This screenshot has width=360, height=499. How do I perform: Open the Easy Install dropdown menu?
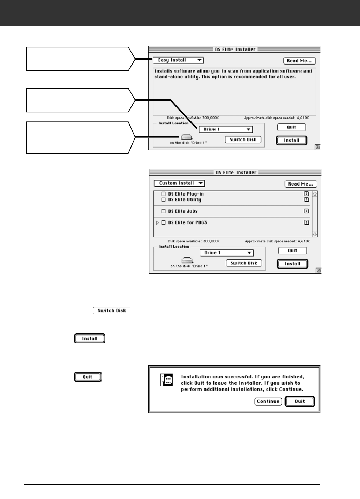click(x=178, y=60)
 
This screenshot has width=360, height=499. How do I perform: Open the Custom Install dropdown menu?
click(x=179, y=183)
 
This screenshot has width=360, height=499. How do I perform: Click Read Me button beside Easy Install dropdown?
click(x=299, y=61)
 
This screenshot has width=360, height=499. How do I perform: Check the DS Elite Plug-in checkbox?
click(x=163, y=194)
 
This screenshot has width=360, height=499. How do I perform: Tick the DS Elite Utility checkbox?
click(x=163, y=200)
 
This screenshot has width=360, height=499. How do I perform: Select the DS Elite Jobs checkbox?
click(x=163, y=211)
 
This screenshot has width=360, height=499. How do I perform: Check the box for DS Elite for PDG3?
click(x=163, y=222)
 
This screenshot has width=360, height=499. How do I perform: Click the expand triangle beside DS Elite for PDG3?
click(x=157, y=222)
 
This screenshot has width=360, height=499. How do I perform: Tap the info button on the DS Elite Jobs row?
click(x=306, y=211)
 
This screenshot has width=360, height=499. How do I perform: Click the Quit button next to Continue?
click(x=300, y=401)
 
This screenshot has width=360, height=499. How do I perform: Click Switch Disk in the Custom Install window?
click(x=244, y=263)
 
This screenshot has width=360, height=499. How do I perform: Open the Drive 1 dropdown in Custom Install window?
click(x=227, y=253)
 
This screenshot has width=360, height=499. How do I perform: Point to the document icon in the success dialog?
click(x=166, y=379)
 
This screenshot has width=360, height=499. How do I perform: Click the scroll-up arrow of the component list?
click(x=315, y=194)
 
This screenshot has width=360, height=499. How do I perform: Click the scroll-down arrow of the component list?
click(x=315, y=234)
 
